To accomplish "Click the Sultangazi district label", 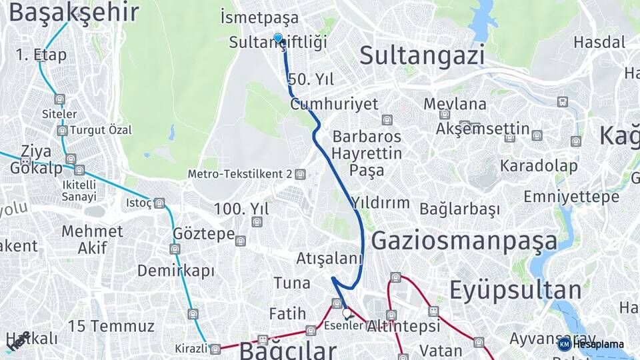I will [422, 56].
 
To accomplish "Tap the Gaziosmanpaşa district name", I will [464, 241].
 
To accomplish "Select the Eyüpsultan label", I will [515, 291].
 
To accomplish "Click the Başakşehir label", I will [74, 13].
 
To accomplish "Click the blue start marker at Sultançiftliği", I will [279, 39].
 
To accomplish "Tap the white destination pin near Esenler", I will [346, 312].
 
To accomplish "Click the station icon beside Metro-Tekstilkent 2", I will [301, 175].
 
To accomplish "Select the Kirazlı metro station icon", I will [215, 349].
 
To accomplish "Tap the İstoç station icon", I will [159, 203].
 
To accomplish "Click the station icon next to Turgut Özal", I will [62, 131].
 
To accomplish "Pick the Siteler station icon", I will [60, 99].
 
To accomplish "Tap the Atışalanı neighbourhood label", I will [329, 259].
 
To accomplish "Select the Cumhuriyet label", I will [334, 104].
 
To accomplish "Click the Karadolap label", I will [539, 165].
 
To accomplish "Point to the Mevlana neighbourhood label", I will [455, 104].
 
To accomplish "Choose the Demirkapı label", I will [176, 271].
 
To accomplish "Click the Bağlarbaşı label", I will [459, 209].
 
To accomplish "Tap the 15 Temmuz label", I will [111, 327].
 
